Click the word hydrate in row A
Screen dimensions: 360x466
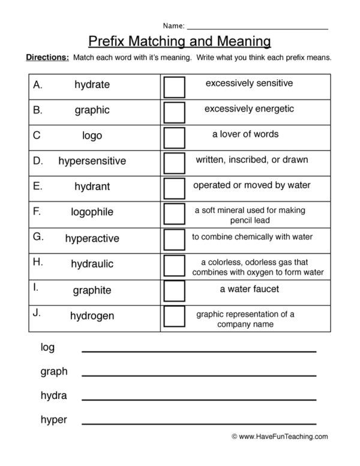pos(92,85)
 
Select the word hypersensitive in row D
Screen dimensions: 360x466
pos(92,161)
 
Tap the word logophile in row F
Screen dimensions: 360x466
pos(92,212)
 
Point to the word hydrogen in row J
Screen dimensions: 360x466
pos(92,315)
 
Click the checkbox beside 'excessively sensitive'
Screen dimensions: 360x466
pos(174,86)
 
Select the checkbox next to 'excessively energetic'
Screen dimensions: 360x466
pos(174,112)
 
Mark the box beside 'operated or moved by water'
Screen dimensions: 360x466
pos(174,188)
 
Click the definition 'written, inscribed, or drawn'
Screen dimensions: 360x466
pos(252,160)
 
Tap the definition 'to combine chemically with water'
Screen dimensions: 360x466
pos(252,237)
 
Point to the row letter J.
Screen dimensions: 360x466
pos(37,313)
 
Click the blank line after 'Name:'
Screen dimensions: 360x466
pos(257,28)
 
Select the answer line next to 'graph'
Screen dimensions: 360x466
pos(199,375)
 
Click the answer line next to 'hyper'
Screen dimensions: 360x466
pos(199,423)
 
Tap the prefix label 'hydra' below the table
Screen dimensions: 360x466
pos(53,396)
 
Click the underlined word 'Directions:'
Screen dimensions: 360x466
pos(47,58)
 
